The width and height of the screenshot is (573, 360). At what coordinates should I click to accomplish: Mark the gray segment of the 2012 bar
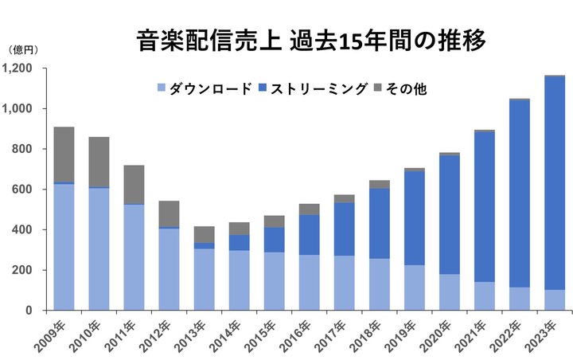(170, 213)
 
